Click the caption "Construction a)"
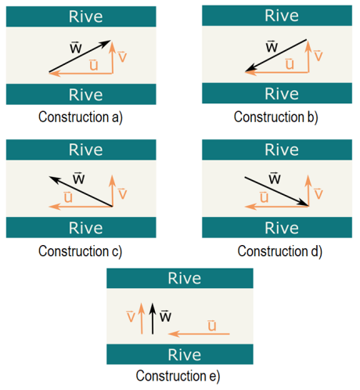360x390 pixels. tap(81, 117)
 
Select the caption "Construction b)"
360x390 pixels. tap(276, 117)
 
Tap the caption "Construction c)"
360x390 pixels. tap(81, 251)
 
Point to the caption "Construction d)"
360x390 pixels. tap(279, 251)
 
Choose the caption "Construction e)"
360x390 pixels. tap(178, 376)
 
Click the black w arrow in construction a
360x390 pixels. tap(80, 56)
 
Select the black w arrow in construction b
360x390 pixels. tap(276, 56)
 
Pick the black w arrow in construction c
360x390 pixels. tap(81, 191)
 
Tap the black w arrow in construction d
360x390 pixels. tap(276, 191)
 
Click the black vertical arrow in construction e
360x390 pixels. tap(153, 319)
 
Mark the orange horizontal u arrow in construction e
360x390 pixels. tap(199, 334)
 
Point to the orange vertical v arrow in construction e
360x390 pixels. tap(142, 319)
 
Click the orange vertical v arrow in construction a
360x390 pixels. tap(113, 57)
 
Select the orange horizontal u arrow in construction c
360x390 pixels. tap(81, 207)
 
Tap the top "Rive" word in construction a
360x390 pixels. tap(86, 16)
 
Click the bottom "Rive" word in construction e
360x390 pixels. tap(185, 355)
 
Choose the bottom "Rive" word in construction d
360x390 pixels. tap(282, 228)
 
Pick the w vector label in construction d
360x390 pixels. tap(275, 179)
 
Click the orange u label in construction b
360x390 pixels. tap(290, 63)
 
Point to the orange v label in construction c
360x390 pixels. tap(122, 193)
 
